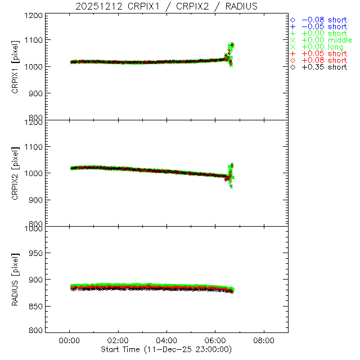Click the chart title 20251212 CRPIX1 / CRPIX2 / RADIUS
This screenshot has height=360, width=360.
[x=167, y=6]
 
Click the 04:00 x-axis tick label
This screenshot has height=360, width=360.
[x=167, y=340]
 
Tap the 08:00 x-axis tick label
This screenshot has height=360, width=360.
[x=264, y=340]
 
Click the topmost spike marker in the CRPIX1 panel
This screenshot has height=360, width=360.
[x=232, y=44]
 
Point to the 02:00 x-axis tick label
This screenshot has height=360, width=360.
[x=118, y=340]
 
